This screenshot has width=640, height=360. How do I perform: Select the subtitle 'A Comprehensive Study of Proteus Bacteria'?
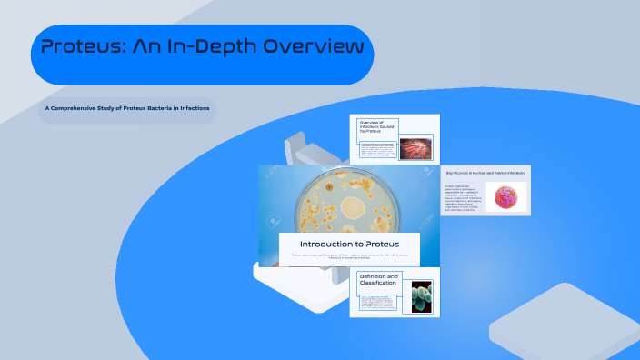pyautogui.click(x=127, y=109)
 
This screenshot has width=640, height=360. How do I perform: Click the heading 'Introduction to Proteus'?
pyautogui.click(x=349, y=244)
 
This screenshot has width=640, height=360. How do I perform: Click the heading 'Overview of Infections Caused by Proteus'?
pyautogui.click(x=377, y=127)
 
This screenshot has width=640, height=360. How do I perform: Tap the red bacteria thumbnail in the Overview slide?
pyautogui.click(x=415, y=148)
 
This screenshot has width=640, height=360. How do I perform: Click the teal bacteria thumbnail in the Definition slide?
pyautogui.click(x=421, y=296)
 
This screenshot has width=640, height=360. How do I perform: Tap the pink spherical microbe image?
pyautogui.click(x=505, y=197)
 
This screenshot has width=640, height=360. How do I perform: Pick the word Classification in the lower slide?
pyautogui.click(x=378, y=284)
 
